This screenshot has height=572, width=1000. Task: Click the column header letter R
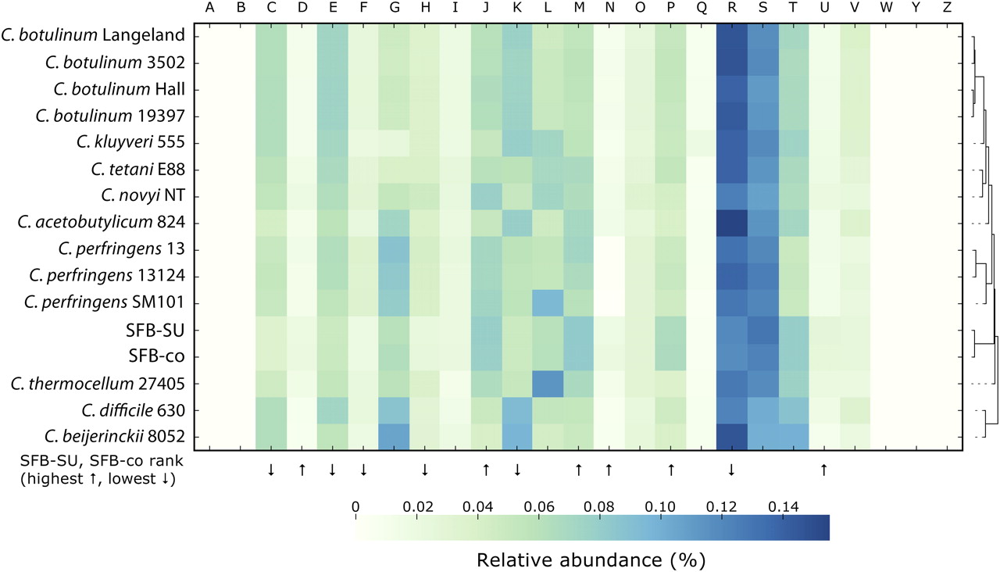click(731, 9)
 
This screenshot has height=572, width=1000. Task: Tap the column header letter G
click(393, 9)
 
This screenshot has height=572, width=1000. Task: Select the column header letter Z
click(947, 9)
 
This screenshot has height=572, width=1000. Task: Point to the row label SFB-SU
click(160, 330)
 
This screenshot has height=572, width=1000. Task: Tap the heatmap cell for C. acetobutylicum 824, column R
click(731, 223)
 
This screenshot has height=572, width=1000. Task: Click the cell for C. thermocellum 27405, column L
click(547, 383)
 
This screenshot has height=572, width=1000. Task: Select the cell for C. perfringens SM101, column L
click(547, 303)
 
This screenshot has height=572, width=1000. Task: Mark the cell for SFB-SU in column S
click(762, 330)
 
